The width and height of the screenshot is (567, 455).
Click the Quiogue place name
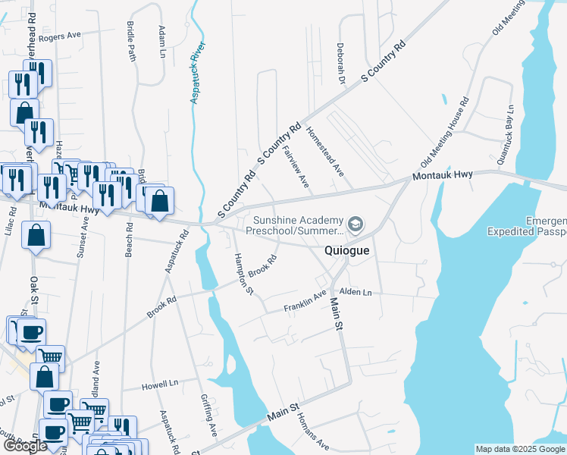[x=347, y=250]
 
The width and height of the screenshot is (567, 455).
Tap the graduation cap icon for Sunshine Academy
[x=355, y=224]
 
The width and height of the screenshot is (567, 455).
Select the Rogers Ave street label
[x=60, y=36]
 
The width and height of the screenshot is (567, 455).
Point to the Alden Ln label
[x=356, y=292]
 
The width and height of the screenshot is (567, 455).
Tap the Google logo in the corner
[x=24, y=445]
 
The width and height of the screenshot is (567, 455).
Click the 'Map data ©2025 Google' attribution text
[x=520, y=449]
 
